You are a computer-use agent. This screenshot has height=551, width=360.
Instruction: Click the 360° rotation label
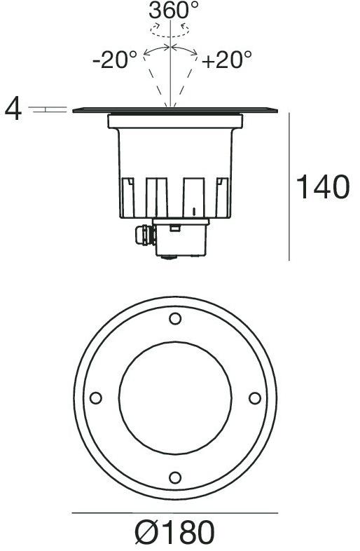[x=174, y=10]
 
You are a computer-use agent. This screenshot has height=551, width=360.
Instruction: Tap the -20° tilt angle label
[x=115, y=60]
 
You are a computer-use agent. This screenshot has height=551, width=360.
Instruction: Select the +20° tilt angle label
[x=228, y=60]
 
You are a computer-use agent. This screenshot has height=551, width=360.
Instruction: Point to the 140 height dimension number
[x=322, y=187]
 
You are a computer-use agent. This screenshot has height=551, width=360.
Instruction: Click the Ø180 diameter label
[x=174, y=533]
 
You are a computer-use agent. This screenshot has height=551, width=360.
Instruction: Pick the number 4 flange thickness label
[x=13, y=110]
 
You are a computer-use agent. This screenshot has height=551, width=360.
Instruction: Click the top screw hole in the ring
[x=175, y=320]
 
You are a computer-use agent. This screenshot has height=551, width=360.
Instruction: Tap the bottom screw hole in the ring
[x=175, y=477]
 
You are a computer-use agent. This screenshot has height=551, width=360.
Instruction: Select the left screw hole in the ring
[x=96, y=398]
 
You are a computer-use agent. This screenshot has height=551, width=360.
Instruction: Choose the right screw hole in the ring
[x=255, y=398]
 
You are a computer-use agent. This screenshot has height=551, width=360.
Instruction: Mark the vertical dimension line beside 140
[x=289, y=186]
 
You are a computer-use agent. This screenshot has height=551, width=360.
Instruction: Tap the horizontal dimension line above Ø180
[x=174, y=514]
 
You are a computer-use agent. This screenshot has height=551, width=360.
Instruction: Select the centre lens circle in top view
[x=175, y=398]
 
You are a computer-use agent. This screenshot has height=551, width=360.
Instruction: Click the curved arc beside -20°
[x=155, y=50]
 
